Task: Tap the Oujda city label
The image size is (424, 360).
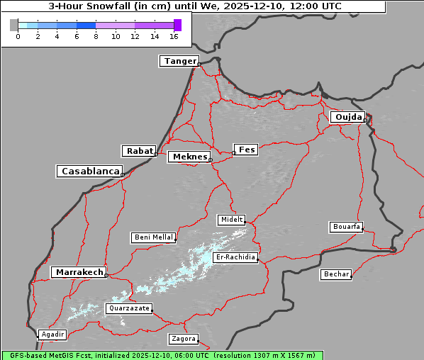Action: pos(347,117)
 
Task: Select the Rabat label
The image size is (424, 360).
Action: pos(139,151)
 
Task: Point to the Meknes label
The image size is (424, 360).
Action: pos(189,157)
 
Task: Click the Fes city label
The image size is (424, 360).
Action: pos(247,150)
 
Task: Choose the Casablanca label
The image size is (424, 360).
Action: pos(90,171)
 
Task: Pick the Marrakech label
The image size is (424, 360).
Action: pos(79,272)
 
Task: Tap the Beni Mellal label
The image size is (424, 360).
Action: pos(153,237)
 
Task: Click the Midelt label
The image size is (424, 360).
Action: pos(231,220)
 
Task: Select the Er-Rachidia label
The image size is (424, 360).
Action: pos(235,257)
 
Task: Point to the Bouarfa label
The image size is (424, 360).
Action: pos(346,227)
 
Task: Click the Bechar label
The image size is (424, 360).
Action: pos(336,274)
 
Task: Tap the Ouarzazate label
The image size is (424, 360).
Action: pos(128,308)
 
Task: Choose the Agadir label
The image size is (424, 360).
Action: pos(52,334)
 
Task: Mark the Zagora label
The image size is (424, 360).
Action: pos(183,339)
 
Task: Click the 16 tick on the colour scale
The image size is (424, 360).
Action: pos(174,35)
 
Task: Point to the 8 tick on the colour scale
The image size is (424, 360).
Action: pos(96,35)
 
